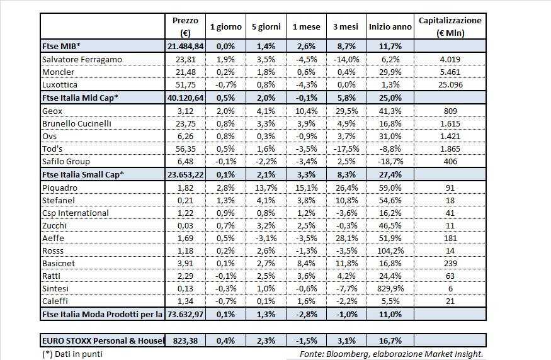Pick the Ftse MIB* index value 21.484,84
[185, 47]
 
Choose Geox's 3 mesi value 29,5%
[344, 110]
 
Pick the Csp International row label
[75, 213]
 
